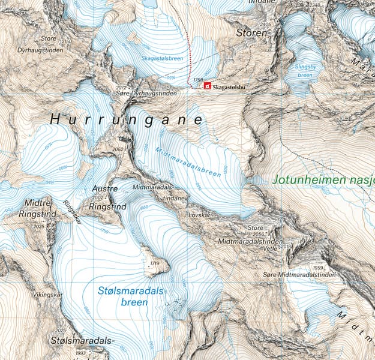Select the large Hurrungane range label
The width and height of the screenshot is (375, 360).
[126, 120]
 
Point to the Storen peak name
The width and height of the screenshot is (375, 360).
[251, 33]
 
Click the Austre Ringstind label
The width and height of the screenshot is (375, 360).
[107, 197]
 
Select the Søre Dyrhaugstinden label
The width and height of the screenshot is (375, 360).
[147, 95]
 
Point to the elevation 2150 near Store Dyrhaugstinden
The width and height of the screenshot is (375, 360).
[67, 41]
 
